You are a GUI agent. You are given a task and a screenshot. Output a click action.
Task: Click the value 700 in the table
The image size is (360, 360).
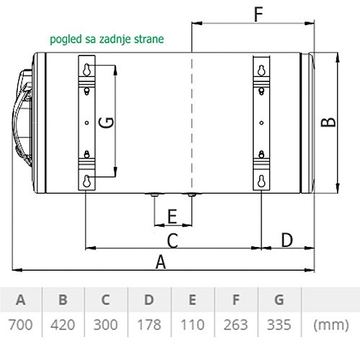tap(20, 325)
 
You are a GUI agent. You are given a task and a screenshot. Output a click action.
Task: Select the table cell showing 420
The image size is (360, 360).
tap(63, 325)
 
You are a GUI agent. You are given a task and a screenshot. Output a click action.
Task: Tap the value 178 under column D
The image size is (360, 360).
tap(149, 325)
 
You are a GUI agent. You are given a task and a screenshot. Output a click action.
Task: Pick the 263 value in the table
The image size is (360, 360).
tap(235, 325)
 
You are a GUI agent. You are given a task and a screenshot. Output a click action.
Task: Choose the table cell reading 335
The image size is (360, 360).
tap(279, 325)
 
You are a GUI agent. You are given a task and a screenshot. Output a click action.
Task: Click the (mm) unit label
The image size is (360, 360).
tap(331, 325)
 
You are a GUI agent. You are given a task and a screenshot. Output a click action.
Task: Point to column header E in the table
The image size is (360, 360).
tap(192, 300)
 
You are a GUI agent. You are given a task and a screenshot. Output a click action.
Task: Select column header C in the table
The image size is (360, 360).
tap(106, 300)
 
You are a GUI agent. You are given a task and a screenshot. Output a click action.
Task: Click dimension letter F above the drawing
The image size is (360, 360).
tap(258, 14)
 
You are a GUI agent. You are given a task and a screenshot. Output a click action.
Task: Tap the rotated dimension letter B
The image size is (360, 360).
tap(328, 122)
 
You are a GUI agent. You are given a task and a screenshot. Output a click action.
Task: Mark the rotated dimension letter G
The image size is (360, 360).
tap(106, 122)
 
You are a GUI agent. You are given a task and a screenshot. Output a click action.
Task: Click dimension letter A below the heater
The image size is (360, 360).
tap(161, 262)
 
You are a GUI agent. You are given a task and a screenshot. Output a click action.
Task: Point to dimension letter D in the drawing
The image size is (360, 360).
tap(287, 240)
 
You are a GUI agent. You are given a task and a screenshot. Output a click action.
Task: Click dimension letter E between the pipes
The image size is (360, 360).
tap(172, 217)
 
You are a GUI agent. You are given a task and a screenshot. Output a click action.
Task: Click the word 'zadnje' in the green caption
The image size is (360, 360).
tap(114, 40)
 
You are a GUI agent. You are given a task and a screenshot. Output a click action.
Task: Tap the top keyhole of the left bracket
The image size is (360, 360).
tap(86, 70)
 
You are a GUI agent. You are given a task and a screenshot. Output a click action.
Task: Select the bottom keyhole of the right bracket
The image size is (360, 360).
tap(261, 181)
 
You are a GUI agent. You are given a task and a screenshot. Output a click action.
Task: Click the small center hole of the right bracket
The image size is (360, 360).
tap(261, 123)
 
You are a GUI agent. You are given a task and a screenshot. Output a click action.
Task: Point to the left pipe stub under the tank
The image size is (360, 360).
tap(155, 194)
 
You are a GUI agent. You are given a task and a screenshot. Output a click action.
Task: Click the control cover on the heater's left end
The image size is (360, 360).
tap(22, 117)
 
